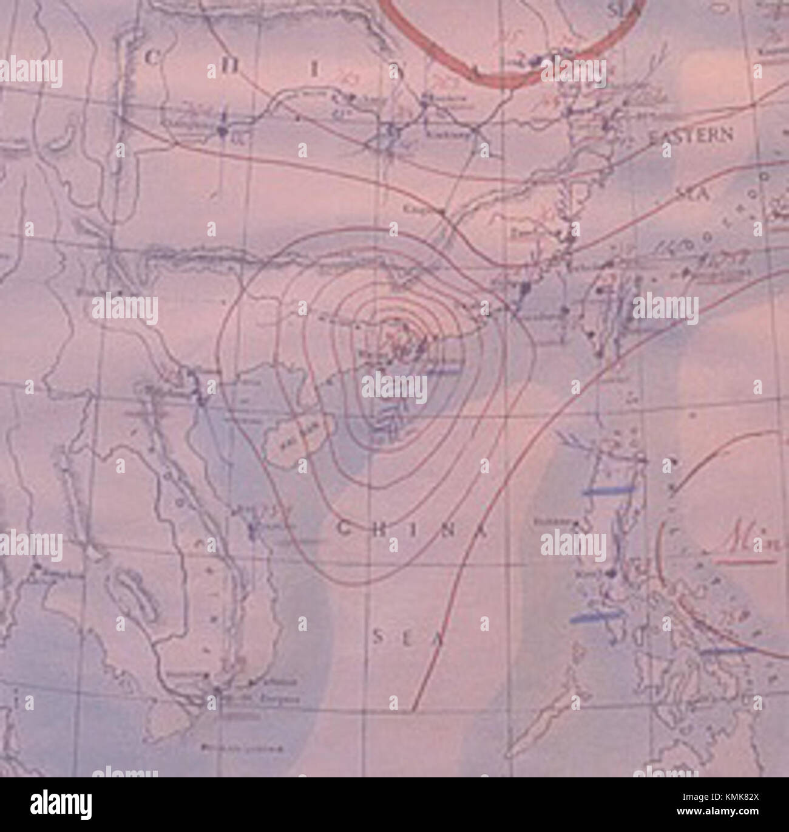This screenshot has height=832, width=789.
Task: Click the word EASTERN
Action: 691,135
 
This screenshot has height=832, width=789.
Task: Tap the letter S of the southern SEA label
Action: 378,636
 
